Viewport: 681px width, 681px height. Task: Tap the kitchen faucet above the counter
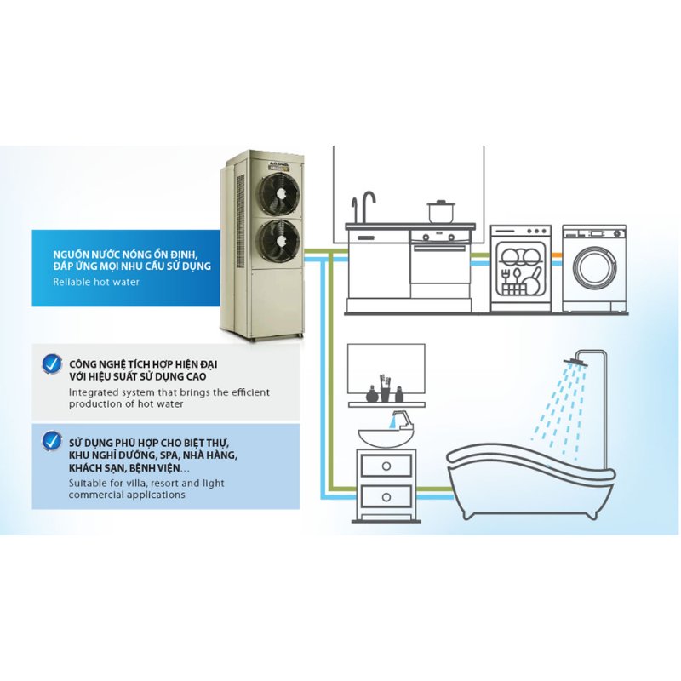366,204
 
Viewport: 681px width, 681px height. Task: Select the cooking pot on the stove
441,211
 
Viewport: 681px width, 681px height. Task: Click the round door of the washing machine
593,268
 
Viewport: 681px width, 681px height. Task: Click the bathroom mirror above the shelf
386,366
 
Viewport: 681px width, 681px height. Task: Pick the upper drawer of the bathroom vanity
386,465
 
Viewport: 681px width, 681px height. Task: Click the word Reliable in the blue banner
72,281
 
